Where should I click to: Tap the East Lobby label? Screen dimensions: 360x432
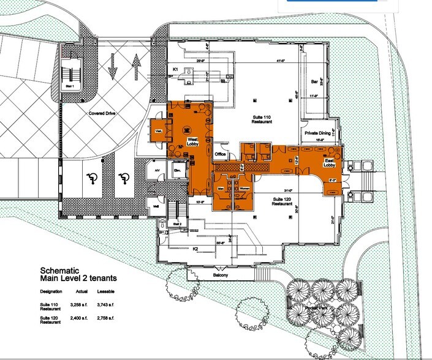tap(331, 162)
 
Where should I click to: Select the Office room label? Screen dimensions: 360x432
tap(221, 154)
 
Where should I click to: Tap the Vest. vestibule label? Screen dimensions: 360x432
tap(158, 130)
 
